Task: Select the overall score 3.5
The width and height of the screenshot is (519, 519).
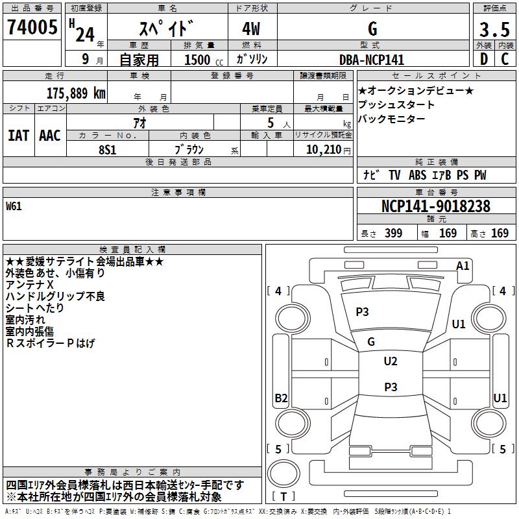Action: click(494, 30)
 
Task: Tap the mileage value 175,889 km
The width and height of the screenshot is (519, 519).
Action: click(76, 93)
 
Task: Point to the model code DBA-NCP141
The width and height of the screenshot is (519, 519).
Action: click(372, 60)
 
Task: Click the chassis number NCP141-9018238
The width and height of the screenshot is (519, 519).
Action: click(435, 206)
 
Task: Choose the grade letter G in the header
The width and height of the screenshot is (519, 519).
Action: click(372, 29)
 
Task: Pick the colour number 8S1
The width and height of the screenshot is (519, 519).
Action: click(107, 149)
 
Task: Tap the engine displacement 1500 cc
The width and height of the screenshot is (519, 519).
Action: click(200, 60)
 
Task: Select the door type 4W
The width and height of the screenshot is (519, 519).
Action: click(251, 29)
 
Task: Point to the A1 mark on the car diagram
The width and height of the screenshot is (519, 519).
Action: click(463, 265)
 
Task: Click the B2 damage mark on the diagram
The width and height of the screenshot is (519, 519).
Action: click(281, 398)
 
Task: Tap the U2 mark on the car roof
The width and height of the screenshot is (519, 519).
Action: click(390, 361)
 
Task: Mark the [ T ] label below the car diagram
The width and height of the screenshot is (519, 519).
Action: click(284, 496)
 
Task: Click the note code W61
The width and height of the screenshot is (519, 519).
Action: click(14, 207)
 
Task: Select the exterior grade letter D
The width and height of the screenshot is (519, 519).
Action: click(483, 60)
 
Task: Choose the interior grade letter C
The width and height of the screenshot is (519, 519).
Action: click(505, 60)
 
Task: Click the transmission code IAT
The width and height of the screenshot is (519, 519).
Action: click(18, 136)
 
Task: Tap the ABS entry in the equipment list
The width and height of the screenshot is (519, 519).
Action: click(417, 175)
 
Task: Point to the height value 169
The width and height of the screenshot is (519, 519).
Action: click(500, 234)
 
